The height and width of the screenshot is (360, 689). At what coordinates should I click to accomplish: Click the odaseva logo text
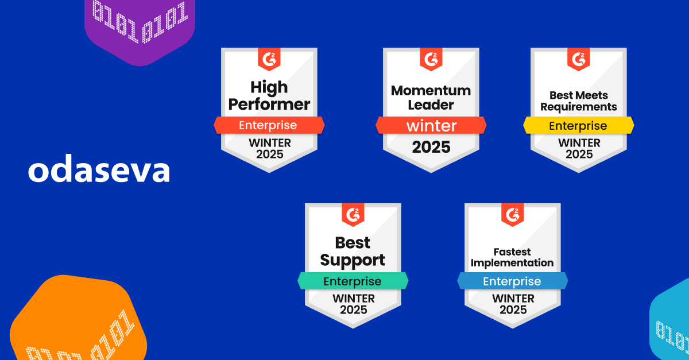pyautogui.click(x=99, y=168)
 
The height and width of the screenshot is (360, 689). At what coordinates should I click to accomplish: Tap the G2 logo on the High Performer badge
pyautogui.click(x=269, y=59)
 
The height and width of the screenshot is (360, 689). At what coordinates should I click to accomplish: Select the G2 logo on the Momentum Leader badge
pyautogui.click(x=431, y=59)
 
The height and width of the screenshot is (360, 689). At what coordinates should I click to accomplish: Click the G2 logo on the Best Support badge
pyautogui.click(x=353, y=215)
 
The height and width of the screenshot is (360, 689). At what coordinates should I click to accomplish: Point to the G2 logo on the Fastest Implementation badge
pyautogui.click(x=512, y=215)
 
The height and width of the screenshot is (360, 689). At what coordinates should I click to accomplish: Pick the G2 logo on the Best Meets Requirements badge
pyautogui.click(x=579, y=59)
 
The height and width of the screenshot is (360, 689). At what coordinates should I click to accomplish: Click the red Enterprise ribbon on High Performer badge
pyautogui.click(x=269, y=125)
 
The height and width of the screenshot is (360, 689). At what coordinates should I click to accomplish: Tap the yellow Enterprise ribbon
pyautogui.click(x=579, y=125)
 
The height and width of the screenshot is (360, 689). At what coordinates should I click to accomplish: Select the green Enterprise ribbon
pyautogui.click(x=353, y=281)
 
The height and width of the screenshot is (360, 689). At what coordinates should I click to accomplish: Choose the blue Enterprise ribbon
pyautogui.click(x=512, y=281)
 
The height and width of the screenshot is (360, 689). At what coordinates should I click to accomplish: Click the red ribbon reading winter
pyautogui.click(x=431, y=125)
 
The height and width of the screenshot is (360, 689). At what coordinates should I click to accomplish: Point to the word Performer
pyautogui.click(x=269, y=105)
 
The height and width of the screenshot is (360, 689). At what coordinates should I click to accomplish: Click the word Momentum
pyautogui.click(x=431, y=91)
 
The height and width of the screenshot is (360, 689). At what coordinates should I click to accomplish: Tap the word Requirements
pyautogui.click(x=579, y=107)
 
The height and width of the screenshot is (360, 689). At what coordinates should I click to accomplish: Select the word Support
pyautogui.click(x=353, y=261)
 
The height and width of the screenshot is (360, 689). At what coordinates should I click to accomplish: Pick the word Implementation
pyautogui.click(x=512, y=263)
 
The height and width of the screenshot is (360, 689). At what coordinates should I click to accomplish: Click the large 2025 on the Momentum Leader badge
pyautogui.click(x=431, y=147)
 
